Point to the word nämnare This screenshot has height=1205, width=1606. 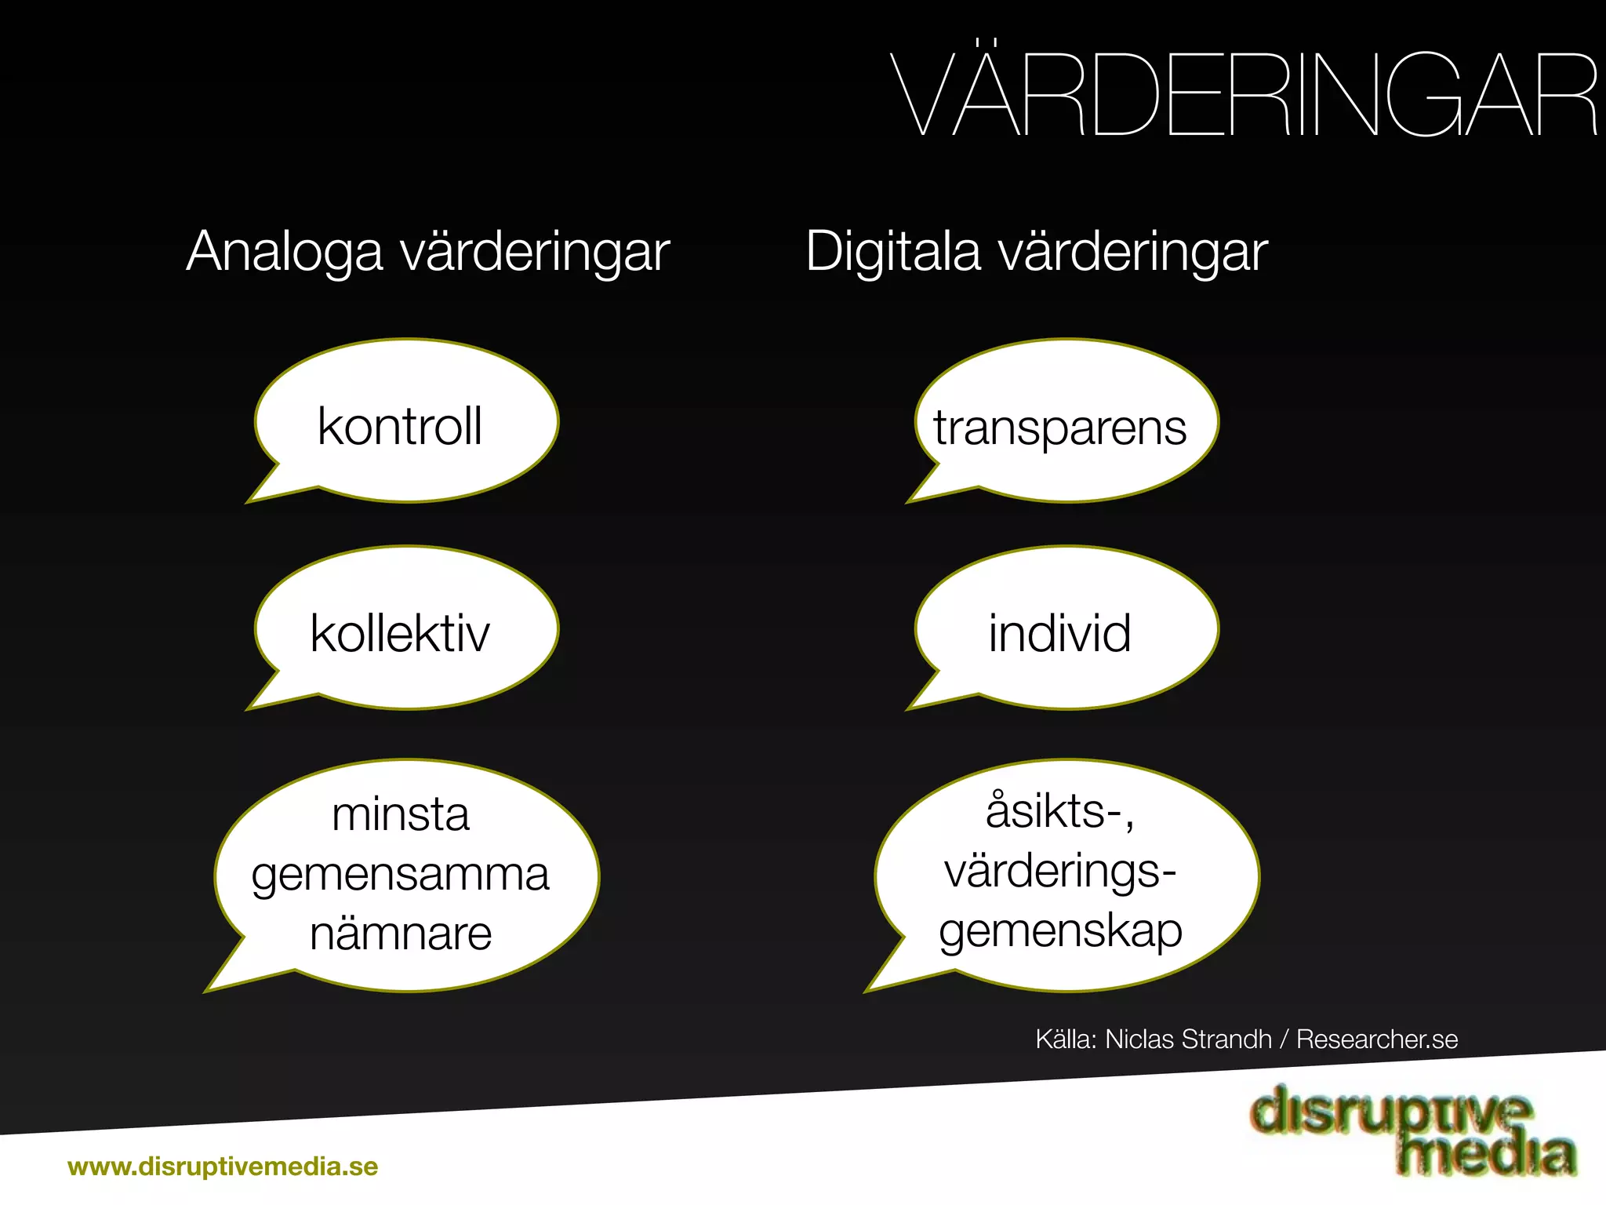[400, 934]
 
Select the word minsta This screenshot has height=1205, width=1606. [400, 814]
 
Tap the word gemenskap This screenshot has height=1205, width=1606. [1060, 932]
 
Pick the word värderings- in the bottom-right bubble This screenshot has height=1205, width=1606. [1060, 871]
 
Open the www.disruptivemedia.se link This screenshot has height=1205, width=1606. [223, 1167]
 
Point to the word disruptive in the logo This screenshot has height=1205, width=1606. [1390, 1112]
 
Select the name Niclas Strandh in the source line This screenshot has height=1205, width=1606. [1188, 1039]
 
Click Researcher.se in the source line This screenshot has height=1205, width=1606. [1377, 1039]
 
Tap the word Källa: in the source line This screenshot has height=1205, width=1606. [1066, 1039]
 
